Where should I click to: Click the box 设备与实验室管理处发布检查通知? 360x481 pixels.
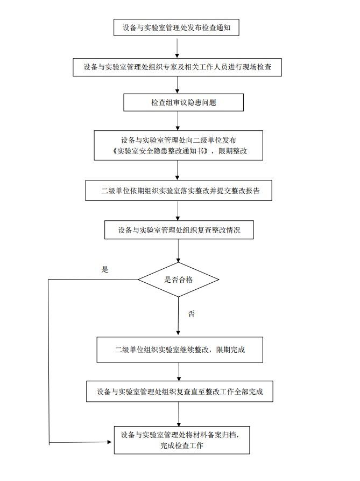176,26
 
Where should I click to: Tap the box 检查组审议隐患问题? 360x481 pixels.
183,102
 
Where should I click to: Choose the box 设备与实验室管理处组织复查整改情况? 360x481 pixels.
179,230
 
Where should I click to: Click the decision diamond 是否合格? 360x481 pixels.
179,280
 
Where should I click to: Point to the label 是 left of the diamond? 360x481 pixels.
105,269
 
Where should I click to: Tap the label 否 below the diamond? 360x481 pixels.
191,313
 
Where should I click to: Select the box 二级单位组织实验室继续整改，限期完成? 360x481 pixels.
180,350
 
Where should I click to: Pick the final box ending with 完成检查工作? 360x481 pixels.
182,440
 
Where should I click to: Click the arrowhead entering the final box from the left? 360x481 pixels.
110,443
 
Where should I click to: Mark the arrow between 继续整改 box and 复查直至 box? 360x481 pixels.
179,372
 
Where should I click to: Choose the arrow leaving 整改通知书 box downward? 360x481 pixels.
178,170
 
